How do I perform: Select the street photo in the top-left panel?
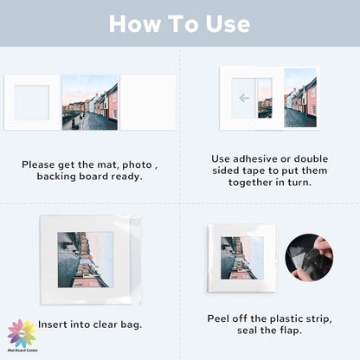(89, 102)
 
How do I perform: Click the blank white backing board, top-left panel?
(147, 102)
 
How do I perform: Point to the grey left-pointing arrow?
(244, 98)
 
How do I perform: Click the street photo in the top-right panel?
(300, 98)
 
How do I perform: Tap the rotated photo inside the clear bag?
(85, 260)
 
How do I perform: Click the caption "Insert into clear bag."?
(89, 325)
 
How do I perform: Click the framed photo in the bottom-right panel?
(241, 257)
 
